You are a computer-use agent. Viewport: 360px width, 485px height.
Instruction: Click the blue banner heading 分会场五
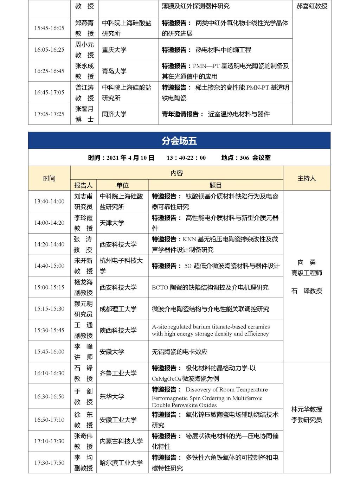point(179,141)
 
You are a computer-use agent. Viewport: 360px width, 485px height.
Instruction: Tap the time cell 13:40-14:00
point(49,202)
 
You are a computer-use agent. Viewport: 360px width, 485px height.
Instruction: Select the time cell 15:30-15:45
point(49,330)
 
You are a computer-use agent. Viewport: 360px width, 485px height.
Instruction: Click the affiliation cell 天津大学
point(112,223)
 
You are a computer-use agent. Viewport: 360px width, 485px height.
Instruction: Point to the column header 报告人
point(83,185)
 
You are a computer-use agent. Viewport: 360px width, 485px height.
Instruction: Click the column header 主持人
point(307,179)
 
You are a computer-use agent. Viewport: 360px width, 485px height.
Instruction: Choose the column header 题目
point(216,185)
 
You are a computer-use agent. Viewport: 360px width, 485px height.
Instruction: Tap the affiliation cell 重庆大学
point(114,50)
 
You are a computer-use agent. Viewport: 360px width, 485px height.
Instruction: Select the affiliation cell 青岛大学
point(114,71)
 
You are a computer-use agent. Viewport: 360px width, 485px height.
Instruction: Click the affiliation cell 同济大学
point(114,114)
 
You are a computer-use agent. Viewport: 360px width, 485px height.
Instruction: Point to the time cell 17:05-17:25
point(49,114)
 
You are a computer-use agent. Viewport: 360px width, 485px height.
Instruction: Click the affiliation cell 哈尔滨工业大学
point(121,463)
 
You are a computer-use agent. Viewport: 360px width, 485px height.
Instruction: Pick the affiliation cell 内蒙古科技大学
point(121,441)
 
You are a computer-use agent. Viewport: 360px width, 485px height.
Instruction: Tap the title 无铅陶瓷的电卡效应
point(180,352)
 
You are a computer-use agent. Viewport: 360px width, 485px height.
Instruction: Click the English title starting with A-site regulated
point(211,330)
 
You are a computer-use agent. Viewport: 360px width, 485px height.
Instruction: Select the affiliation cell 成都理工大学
point(118,309)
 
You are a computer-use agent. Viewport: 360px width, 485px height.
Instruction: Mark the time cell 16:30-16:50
point(49,396)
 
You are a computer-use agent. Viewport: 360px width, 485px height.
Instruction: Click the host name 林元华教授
point(307,409)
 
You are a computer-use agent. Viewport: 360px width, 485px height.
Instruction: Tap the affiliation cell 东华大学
point(112,396)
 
